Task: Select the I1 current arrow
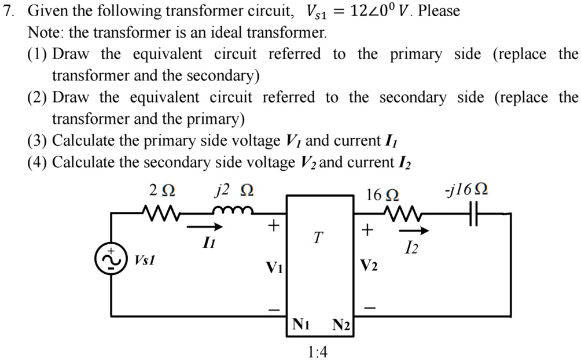point(206,227)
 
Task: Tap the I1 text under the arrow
point(207,244)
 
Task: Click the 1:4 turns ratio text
point(318,351)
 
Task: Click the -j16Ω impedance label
point(467,190)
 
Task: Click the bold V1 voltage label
point(273,267)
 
